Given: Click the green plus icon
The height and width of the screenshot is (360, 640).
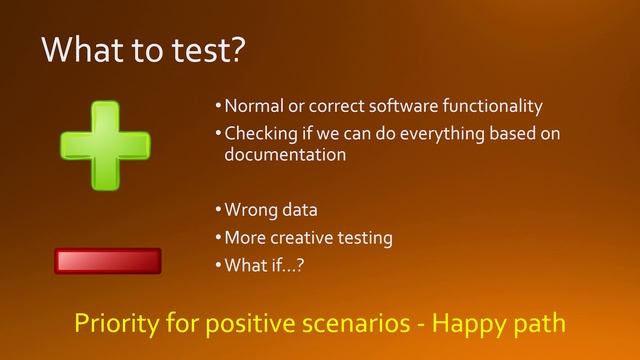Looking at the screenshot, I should (105, 145).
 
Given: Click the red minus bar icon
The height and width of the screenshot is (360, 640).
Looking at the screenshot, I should (107, 261).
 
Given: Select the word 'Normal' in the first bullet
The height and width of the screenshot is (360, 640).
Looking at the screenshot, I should (251, 106).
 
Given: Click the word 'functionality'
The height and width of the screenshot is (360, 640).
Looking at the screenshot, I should (494, 106).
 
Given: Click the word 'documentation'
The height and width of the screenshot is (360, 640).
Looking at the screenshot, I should (285, 155).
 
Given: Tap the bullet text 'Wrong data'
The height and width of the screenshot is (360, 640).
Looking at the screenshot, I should (269, 211).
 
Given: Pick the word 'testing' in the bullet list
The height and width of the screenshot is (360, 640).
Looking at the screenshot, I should (365, 238).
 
